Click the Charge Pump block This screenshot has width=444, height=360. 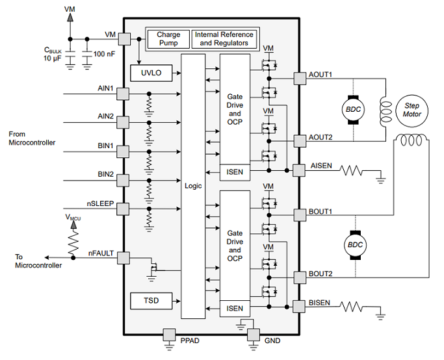click(168, 39)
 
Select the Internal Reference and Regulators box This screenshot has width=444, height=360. click(224, 39)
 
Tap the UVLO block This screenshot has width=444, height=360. click(151, 73)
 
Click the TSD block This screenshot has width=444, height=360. click(151, 301)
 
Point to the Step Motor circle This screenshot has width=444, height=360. click(412, 110)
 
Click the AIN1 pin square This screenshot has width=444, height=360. click(123, 94)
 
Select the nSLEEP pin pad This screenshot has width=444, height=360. click(123, 209)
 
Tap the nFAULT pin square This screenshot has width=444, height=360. click(124, 258)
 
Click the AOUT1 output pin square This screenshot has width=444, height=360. click(300, 78)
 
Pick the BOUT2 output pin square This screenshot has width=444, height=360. click(300, 277)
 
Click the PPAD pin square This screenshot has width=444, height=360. click(169, 335)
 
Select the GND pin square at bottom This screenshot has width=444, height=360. click(254, 335)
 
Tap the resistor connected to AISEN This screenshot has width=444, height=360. click(351, 170)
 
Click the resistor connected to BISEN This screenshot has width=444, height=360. click(351, 307)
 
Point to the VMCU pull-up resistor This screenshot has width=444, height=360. click(73, 242)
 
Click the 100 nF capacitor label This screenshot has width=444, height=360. click(104, 54)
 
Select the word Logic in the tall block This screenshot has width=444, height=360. click(193, 186)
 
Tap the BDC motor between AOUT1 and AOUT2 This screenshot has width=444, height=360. click(353, 110)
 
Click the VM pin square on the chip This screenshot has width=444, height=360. click(124, 39)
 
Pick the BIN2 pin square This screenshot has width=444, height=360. click(123, 180)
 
